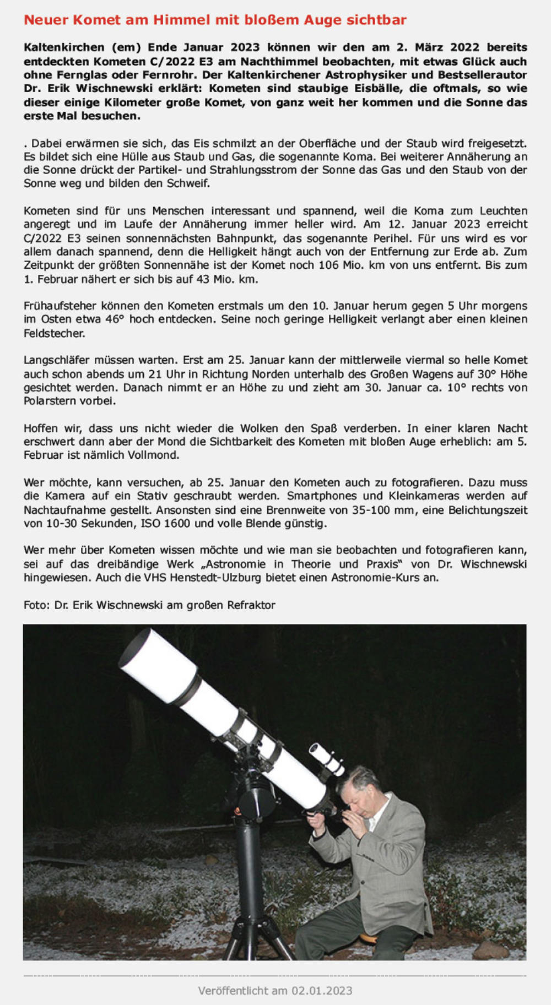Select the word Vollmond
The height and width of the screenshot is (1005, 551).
[154, 455]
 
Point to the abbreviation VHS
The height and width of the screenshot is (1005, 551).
[156, 578]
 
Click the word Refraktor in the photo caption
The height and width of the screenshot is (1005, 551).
[250, 605]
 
